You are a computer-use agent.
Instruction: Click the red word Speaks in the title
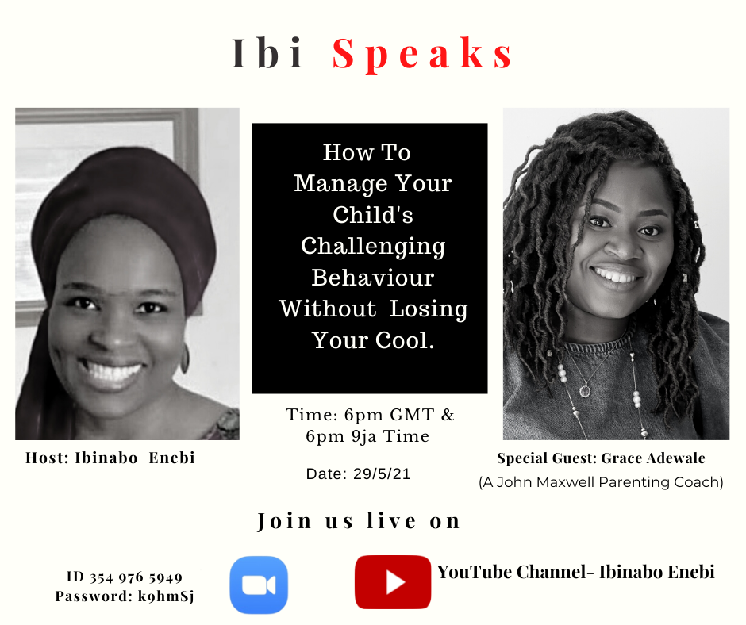[422, 54]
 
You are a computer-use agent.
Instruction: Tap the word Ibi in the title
[267, 53]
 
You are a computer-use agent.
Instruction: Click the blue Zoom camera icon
[259, 585]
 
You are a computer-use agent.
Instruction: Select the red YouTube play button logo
[393, 582]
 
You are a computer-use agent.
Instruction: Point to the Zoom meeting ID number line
[125, 577]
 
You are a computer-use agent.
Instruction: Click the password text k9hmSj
[166, 596]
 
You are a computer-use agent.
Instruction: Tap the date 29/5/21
[382, 474]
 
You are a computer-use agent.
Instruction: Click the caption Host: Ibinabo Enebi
[110, 458]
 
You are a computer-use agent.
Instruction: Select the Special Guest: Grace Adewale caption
[601, 458]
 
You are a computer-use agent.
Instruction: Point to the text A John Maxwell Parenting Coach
[601, 482]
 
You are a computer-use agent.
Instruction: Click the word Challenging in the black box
[373, 247]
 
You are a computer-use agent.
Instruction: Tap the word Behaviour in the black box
[373, 278]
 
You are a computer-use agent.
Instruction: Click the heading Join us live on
[359, 521]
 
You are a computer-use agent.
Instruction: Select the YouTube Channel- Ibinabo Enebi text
[575, 572]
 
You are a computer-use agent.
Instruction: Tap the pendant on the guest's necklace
[585, 390]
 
